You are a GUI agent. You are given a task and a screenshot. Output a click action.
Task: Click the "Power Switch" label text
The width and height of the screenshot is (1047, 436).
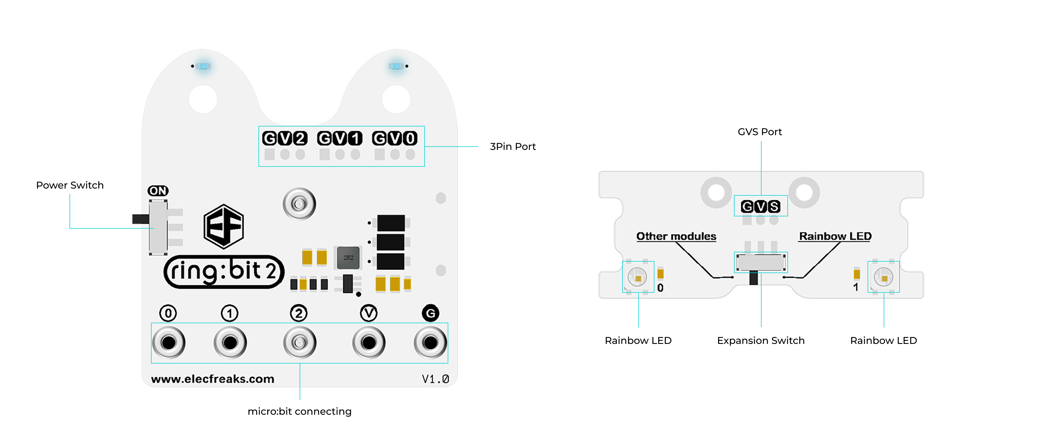tap(70, 185)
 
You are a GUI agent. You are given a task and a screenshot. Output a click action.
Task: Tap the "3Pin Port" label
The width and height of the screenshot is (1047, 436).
tap(513, 147)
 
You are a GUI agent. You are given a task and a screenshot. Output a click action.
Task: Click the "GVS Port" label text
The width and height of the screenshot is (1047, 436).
tap(760, 132)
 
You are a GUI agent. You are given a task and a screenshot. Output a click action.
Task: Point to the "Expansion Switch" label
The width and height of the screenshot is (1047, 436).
tap(760, 341)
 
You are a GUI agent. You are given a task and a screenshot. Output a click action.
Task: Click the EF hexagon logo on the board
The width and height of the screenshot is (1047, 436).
tap(224, 226)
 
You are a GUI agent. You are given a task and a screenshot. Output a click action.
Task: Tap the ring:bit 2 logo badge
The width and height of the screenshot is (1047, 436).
tap(224, 271)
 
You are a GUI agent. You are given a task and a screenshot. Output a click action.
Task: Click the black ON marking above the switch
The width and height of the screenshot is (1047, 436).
tap(158, 190)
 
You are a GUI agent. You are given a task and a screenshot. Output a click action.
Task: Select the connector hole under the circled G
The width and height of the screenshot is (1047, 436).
tap(430, 343)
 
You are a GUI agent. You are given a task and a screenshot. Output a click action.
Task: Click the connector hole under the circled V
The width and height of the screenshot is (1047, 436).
tap(369, 343)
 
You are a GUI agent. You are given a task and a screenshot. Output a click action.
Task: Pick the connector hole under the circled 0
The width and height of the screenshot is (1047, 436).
tap(169, 343)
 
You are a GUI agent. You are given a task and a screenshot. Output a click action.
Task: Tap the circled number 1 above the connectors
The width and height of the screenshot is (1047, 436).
tap(230, 313)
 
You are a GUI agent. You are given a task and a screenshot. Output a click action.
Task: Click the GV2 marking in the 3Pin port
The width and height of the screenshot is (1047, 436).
tap(284, 138)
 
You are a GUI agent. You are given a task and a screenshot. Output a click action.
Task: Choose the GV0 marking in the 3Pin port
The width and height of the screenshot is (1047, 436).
tap(395, 138)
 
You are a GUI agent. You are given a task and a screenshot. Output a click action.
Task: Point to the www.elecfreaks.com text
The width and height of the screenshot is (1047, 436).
tap(213, 379)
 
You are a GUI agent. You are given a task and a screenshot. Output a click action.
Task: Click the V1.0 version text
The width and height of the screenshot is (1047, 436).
tap(435, 379)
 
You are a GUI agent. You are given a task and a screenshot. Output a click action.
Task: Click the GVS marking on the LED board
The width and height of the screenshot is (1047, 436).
tap(760, 207)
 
